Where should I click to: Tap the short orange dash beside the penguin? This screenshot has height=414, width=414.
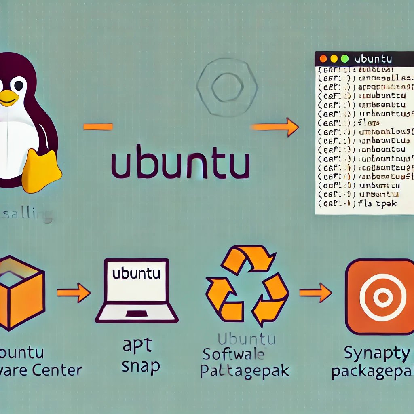tap(98, 127)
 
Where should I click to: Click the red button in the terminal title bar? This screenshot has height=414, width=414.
tap(323, 59)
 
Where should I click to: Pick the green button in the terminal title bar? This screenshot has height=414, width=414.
tap(344, 59)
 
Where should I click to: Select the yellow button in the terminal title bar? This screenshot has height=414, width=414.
tap(334, 59)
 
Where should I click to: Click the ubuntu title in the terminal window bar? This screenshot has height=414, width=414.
tap(373, 59)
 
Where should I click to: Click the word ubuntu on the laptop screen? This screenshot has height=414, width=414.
tap(137, 274)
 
